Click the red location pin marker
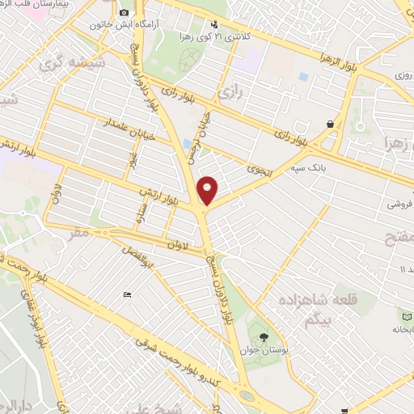coord(208,189)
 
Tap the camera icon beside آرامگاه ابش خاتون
coord(123,13)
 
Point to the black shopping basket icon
coord(330,124)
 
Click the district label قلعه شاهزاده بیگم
coord(319,308)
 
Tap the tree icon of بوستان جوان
coord(264,336)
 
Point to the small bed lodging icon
coord(127,296)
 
